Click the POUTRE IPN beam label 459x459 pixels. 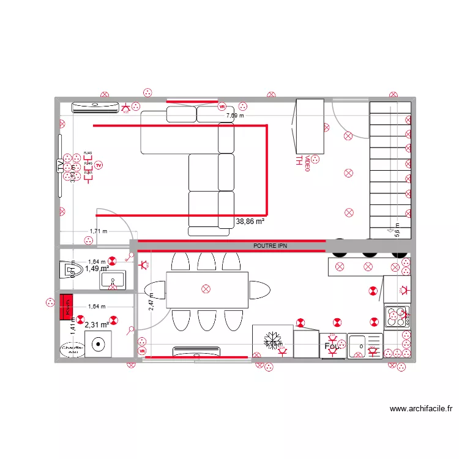pyautogui.click(x=270, y=245)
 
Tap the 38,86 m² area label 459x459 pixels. pyautogui.click(x=250, y=222)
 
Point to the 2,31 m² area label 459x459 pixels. pyautogui.click(x=97, y=326)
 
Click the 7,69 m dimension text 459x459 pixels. pyautogui.click(x=234, y=115)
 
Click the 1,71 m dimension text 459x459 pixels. pyautogui.click(x=98, y=231)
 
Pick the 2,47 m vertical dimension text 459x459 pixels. pyautogui.click(x=152, y=302)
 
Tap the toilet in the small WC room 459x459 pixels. pyautogui.click(x=68, y=269)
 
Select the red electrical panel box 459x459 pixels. pyautogui.click(x=66, y=307)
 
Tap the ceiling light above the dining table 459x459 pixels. pyautogui.click(x=206, y=288)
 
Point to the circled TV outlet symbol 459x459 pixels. pyautogui.click(x=99, y=165)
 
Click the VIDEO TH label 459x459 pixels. pyautogui.click(x=304, y=162)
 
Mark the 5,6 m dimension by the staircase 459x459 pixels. pyautogui.click(x=397, y=229)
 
